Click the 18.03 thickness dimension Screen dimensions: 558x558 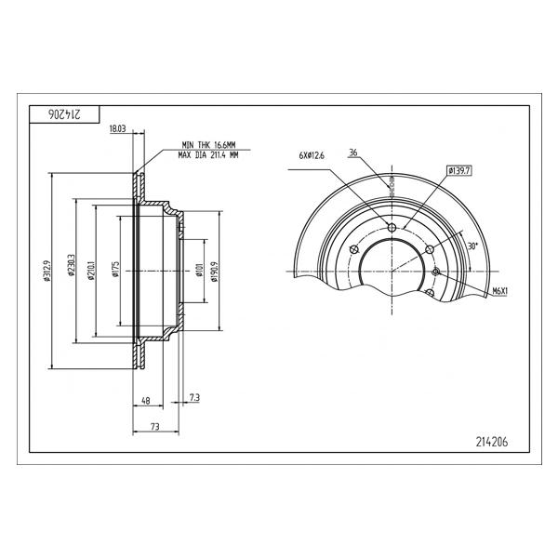(x=117, y=129)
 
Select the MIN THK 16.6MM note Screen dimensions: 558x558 (x=208, y=145)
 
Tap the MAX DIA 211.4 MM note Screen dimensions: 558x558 (x=208, y=155)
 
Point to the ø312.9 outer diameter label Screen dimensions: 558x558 (x=46, y=271)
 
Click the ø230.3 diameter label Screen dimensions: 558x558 (x=70, y=265)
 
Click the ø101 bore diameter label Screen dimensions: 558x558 (x=199, y=270)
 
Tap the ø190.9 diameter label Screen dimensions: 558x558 (x=214, y=272)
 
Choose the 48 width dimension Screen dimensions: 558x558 (x=146, y=401)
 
